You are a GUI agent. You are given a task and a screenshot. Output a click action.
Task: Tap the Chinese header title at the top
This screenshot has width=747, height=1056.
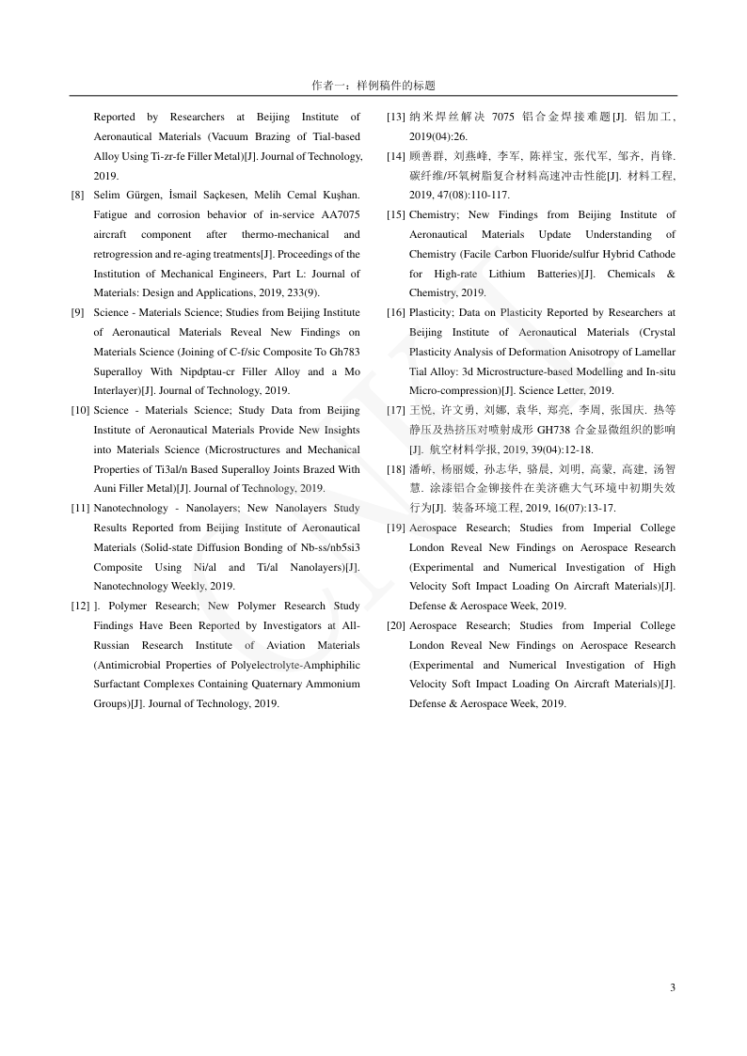pos(373,85)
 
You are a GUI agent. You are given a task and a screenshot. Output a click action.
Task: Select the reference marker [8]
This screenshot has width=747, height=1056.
pos(77,195)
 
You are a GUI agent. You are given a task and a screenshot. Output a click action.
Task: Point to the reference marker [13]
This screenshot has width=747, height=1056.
pos(396,117)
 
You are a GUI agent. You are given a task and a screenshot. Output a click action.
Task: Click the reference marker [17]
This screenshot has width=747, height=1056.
pos(396,410)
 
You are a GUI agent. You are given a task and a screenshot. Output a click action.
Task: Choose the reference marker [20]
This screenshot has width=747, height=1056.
pos(396,625)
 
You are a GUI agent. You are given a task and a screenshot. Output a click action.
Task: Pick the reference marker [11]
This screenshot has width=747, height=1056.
pos(80,508)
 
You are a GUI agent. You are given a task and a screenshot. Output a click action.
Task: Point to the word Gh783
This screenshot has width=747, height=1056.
pos(343,351)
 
